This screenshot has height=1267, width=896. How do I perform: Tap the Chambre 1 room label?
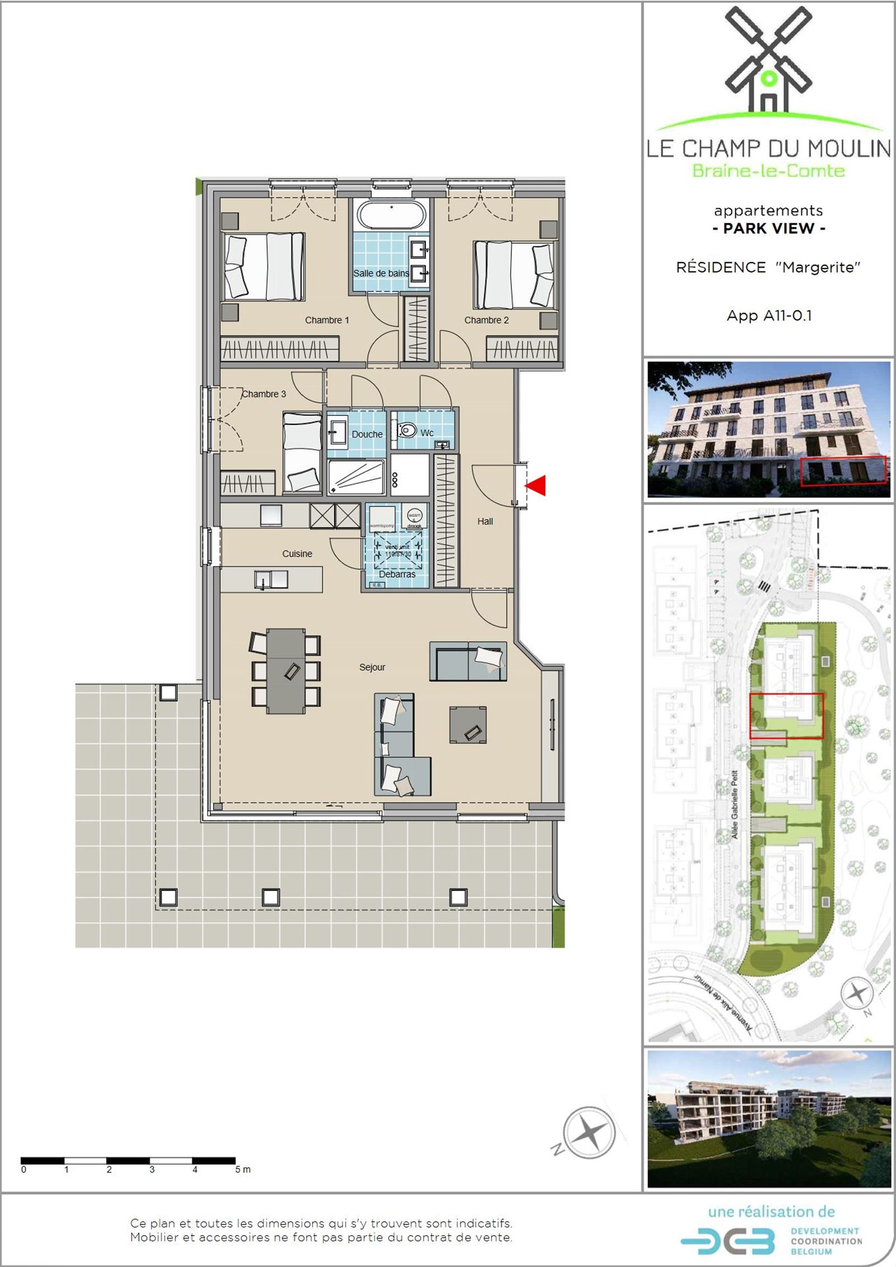coord(326,320)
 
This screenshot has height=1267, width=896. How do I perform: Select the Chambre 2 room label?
coord(486,320)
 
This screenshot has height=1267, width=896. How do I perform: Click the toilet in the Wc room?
coord(408,431)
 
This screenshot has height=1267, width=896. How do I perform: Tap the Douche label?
coord(367,434)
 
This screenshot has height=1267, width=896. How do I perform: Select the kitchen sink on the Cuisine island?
coord(271,579)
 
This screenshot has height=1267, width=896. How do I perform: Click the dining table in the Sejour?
coord(286,671)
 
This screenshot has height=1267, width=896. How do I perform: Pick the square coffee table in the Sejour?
coord(468,725)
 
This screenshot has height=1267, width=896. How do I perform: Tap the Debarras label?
coord(397,574)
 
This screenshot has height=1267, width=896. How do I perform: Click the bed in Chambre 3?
coord(302,453)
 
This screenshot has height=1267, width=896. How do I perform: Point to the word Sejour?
coord(372,667)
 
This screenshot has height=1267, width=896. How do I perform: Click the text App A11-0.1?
coord(768,316)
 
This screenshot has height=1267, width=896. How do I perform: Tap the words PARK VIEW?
coord(768,228)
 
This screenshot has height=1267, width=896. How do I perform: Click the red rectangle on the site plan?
coord(786,716)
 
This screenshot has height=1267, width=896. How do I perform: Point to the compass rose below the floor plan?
coord(588,1133)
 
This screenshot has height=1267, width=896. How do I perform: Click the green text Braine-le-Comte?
coord(768,171)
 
